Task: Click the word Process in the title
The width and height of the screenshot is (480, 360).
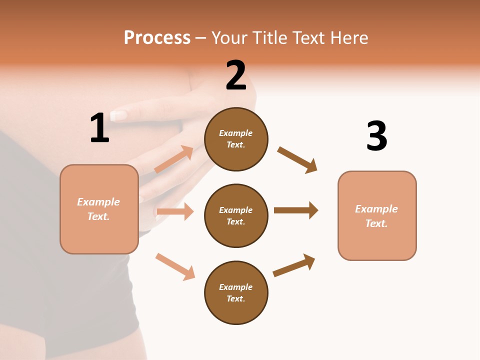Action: point(157,38)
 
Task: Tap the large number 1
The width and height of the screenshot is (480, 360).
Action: point(99,128)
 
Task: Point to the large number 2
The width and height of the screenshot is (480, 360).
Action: point(236,75)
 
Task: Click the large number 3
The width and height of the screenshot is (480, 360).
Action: point(376,136)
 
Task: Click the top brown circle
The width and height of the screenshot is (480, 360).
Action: point(236,139)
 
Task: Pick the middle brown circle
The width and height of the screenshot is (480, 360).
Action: point(236,215)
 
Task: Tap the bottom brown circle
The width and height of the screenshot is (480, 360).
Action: point(236,292)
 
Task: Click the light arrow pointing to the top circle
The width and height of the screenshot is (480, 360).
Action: point(174,159)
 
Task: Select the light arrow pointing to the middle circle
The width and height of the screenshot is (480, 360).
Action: point(175,211)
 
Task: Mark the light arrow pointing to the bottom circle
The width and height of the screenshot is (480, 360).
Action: point(175,266)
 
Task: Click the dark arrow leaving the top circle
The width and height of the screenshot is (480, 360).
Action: point(297,160)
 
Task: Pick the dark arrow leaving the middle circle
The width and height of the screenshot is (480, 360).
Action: point(296,210)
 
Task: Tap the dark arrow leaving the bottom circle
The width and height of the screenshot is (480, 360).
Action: point(294,265)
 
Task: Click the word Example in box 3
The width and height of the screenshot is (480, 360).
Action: point(376,209)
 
